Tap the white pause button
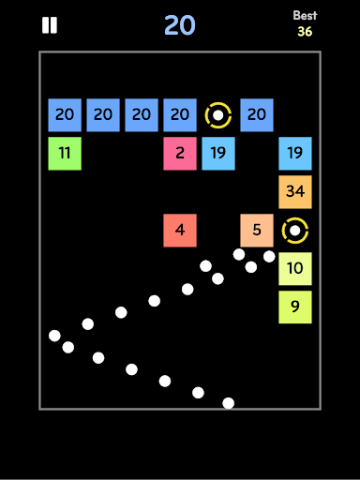[x=50, y=25]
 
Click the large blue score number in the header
[x=180, y=25]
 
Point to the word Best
[x=305, y=15]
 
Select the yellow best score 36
[x=305, y=31]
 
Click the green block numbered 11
[x=65, y=154]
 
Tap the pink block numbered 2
[x=180, y=154]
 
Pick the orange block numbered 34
[x=295, y=192]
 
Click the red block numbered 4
[x=180, y=231]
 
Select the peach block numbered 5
[x=257, y=231]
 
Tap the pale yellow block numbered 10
[x=295, y=269]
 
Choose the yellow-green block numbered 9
[x=295, y=307]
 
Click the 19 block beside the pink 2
[x=218, y=154]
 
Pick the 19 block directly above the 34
[x=295, y=154]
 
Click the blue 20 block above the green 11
[x=65, y=115]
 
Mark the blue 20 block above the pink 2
[x=180, y=115]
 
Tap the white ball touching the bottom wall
[x=229, y=403]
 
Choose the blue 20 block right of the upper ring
[x=257, y=115]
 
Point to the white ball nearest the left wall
[x=54, y=336]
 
